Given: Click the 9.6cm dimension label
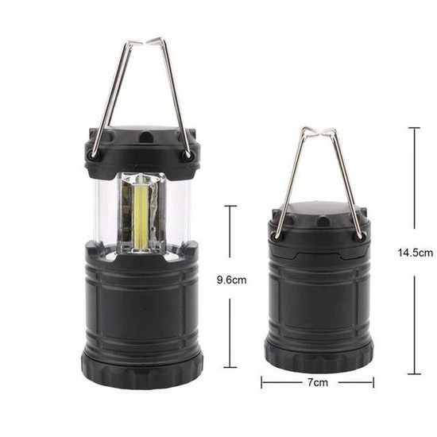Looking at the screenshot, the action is (x=231, y=280).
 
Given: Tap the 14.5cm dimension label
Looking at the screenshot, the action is (x=415, y=253).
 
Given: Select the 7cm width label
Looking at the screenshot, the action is (x=318, y=382).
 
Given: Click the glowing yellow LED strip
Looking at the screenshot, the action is (x=141, y=214).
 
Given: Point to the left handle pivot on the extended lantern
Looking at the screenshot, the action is (x=91, y=155).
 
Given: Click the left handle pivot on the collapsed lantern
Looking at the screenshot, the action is (x=277, y=236).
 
